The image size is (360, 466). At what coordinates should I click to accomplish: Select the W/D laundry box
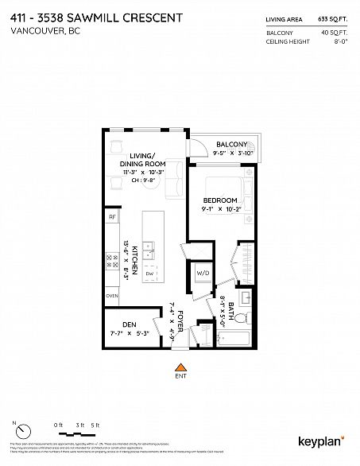[202, 275]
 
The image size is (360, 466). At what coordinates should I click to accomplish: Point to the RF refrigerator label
[112, 216]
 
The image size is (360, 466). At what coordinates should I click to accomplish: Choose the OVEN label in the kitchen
[112, 297]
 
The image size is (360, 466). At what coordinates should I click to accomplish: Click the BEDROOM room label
[219, 200]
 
